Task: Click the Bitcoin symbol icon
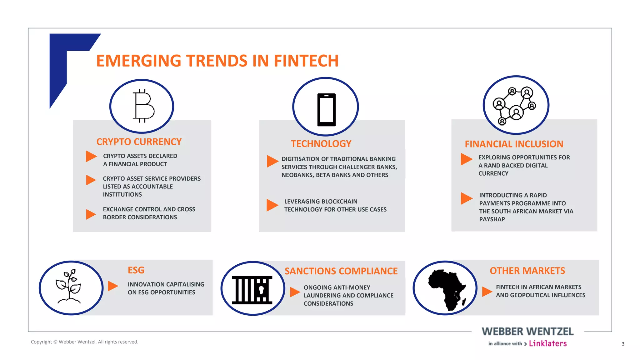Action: (x=143, y=106)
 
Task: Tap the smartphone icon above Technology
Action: (x=326, y=109)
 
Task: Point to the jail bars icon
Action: (x=252, y=290)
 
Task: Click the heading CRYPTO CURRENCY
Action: (x=139, y=142)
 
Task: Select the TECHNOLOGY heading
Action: (x=321, y=144)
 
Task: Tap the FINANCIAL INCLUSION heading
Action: (x=514, y=144)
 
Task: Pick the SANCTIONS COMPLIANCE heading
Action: (x=341, y=271)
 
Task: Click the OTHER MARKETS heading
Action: (x=527, y=271)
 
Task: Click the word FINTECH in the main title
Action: (x=306, y=61)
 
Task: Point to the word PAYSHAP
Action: (x=492, y=219)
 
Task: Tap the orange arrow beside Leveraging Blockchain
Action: (x=272, y=205)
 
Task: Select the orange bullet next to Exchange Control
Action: (x=91, y=214)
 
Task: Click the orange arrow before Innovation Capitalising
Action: (x=113, y=286)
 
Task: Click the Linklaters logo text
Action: (x=547, y=343)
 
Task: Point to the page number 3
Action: (x=623, y=344)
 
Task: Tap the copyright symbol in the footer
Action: (x=55, y=342)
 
